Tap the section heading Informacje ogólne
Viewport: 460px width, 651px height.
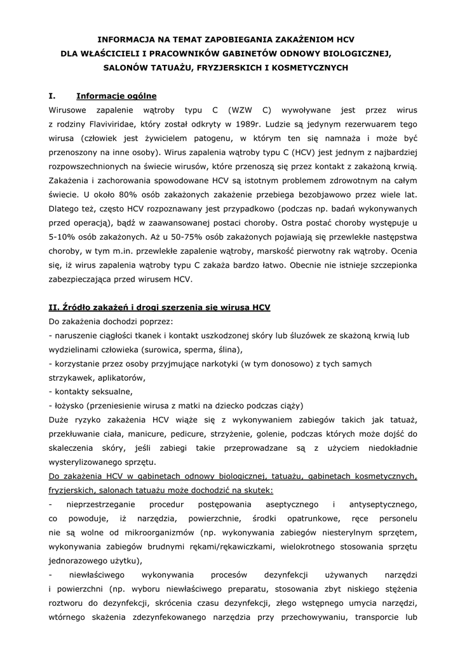[x=116, y=96]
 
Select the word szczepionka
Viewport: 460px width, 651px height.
[x=386, y=264]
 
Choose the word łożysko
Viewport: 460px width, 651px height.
[x=68, y=406]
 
